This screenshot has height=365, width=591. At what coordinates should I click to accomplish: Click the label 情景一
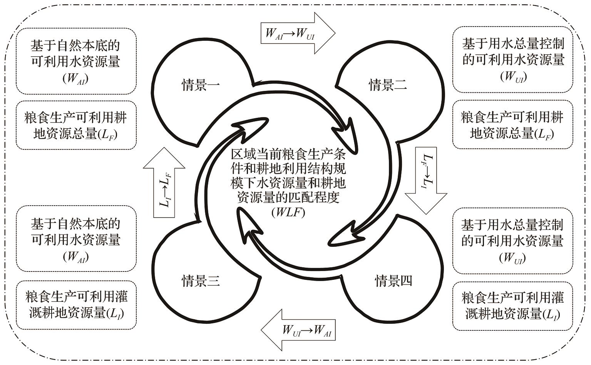point(201,85)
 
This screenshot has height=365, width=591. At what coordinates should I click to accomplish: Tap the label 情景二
point(388,85)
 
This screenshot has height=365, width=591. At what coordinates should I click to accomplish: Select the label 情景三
point(201,281)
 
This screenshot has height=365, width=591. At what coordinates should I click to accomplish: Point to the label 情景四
point(393,281)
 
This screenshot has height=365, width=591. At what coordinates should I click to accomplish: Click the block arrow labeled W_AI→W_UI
point(298,33)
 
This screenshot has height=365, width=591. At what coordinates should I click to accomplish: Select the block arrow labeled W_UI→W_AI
point(298,330)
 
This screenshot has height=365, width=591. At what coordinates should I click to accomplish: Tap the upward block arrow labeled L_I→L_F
point(164,182)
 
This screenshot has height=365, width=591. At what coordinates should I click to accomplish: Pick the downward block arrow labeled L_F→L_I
point(426,181)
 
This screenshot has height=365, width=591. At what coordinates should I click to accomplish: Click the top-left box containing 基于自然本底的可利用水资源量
point(76,61)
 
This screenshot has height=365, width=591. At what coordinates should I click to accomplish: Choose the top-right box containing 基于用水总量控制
point(512,59)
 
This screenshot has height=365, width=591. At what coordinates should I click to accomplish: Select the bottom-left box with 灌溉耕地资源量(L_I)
point(76,305)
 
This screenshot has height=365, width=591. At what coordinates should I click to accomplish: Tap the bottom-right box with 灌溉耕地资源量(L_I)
point(512,306)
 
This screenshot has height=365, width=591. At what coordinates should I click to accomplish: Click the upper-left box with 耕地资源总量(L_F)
point(76,125)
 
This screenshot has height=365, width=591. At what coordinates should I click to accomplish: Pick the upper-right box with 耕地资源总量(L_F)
point(512,124)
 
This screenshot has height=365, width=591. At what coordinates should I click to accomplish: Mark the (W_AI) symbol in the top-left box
point(75,79)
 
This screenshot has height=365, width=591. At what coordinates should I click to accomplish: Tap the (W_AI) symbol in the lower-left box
point(76,257)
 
